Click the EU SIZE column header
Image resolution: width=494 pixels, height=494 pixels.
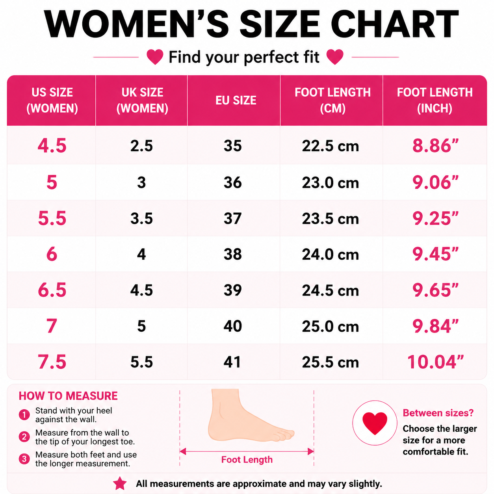tap(236, 100)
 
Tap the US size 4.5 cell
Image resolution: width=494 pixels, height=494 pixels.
tap(52, 146)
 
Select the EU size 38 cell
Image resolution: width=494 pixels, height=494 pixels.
tap(232, 254)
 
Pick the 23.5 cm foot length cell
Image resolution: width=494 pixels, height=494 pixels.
tap(330, 219)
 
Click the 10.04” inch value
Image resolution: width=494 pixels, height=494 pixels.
tap(435, 362)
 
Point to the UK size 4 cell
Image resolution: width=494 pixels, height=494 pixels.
tap(141, 254)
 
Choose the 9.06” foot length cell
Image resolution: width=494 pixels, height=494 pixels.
tap(435, 182)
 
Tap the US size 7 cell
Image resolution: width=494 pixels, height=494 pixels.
tap(52, 326)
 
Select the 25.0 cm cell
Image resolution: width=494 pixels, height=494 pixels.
tap(330, 326)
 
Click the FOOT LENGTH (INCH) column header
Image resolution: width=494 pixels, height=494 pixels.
tap(435, 100)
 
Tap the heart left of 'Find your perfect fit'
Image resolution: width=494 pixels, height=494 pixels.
tap(155, 57)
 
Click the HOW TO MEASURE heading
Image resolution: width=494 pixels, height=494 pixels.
tap(68, 396)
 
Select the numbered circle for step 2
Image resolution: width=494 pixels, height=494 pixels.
tap(24, 436)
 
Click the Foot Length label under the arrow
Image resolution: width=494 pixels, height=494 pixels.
tap(247, 460)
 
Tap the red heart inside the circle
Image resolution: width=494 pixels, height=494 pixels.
tap(375, 423)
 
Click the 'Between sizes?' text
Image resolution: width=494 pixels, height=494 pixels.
tap(438, 413)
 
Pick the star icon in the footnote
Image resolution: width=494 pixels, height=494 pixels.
tap(120, 483)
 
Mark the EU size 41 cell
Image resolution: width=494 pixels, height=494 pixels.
tap(232, 362)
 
